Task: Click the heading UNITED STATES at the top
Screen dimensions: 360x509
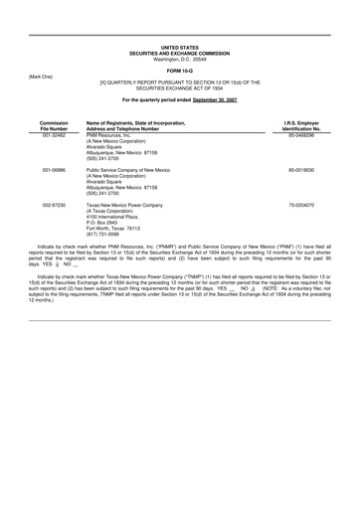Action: click(x=179, y=47)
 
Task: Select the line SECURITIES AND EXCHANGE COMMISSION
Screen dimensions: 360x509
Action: click(x=179, y=53)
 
